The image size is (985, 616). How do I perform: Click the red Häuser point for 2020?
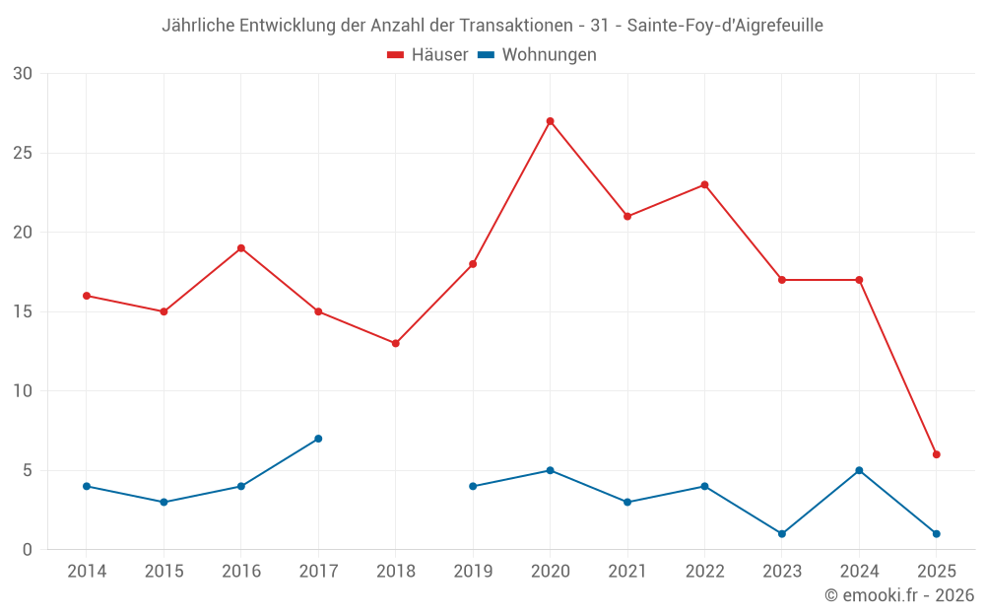click(x=550, y=121)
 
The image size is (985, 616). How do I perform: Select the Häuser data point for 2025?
click(x=936, y=454)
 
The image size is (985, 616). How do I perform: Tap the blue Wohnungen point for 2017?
click(x=318, y=439)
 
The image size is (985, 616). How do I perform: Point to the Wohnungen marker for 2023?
click(x=782, y=533)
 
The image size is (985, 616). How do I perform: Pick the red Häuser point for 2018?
click(x=395, y=343)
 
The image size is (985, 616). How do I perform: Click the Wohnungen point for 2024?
click(x=859, y=470)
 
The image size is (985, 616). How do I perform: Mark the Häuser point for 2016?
click(x=240, y=248)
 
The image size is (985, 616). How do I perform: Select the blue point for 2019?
click(x=473, y=486)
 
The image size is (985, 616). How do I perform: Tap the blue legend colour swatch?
click(x=486, y=55)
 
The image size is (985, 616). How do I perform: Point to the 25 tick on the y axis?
click(x=22, y=153)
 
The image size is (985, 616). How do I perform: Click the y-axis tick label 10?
click(x=22, y=391)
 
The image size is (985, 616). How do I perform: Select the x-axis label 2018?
click(x=395, y=572)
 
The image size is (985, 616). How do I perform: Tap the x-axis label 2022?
click(x=704, y=572)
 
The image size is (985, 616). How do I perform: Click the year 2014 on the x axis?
click(x=87, y=572)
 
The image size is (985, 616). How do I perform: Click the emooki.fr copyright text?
click(x=898, y=595)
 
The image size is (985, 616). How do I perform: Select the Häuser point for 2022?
click(x=704, y=184)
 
